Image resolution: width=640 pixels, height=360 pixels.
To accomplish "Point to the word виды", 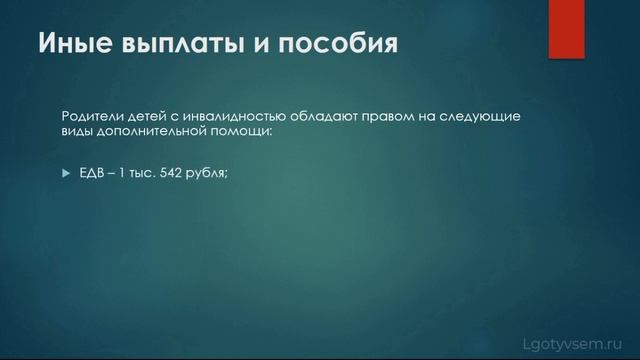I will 77,131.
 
